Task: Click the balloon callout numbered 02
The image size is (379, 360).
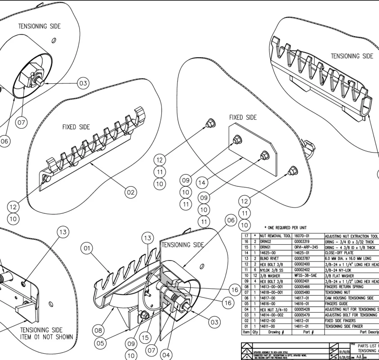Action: [131, 193]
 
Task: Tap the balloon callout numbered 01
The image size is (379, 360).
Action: [88, 248]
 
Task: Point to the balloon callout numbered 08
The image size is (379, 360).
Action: [99, 331]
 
